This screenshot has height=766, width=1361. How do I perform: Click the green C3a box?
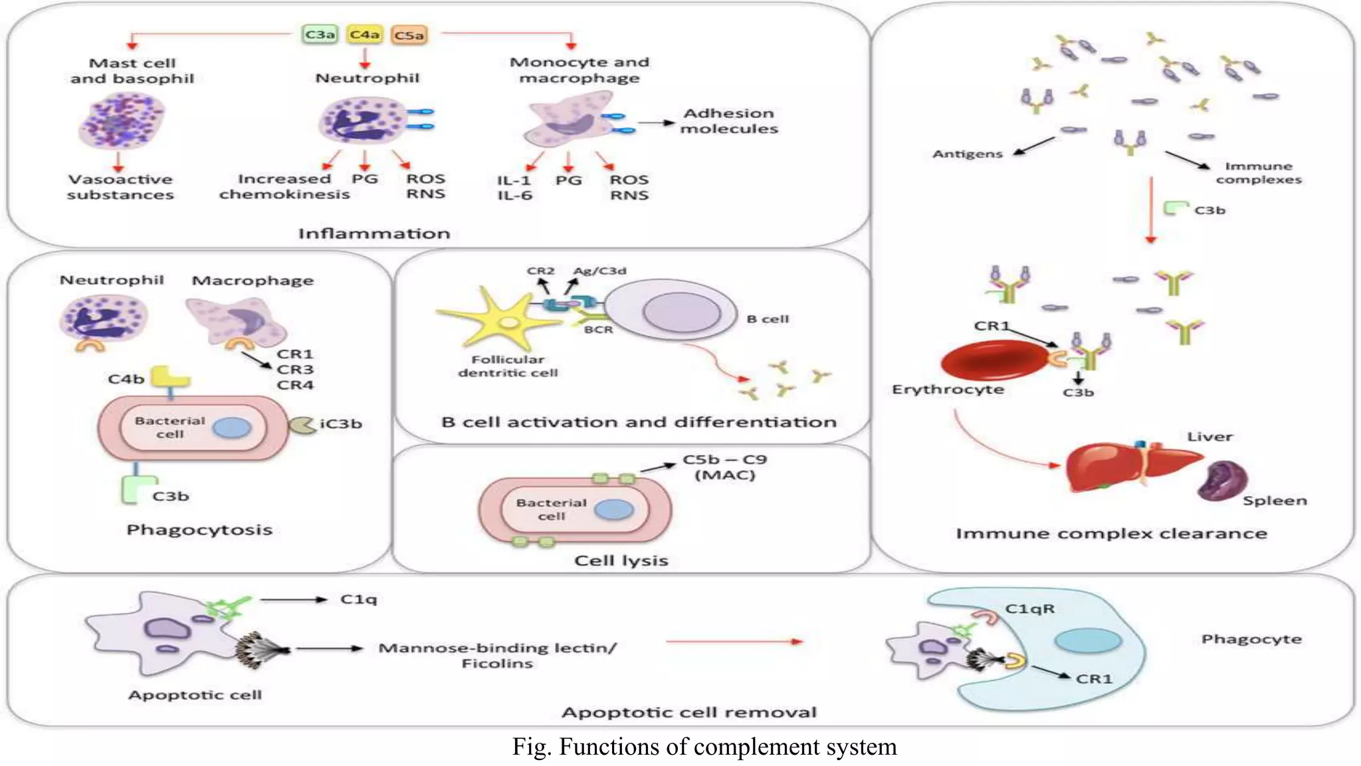pyautogui.click(x=320, y=34)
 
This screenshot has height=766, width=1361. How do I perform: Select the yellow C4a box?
pyautogui.click(x=364, y=34)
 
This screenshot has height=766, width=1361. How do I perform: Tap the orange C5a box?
pyautogui.click(x=409, y=35)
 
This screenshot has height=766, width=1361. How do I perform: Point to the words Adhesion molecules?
pyautogui.click(x=728, y=121)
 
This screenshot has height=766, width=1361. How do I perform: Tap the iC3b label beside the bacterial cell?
pyautogui.click(x=340, y=424)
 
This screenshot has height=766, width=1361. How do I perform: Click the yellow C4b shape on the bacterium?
pyautogui.click(x=170, y=378)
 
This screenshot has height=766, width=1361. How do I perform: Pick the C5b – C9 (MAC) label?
pyautogui.click(x=724, y=467)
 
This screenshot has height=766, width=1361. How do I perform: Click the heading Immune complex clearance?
pyautogui.click(x=1111, y=533)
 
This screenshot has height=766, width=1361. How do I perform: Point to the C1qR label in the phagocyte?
pyautogui.click(x=1029, y=608)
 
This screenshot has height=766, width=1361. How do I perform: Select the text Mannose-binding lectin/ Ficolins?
pyautogui.click(x=497, y=655)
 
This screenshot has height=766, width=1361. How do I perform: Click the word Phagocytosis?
pyautogui.click(x=199, y=530)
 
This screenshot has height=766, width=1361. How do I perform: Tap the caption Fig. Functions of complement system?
pyautogui.click(x=704, y=747)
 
